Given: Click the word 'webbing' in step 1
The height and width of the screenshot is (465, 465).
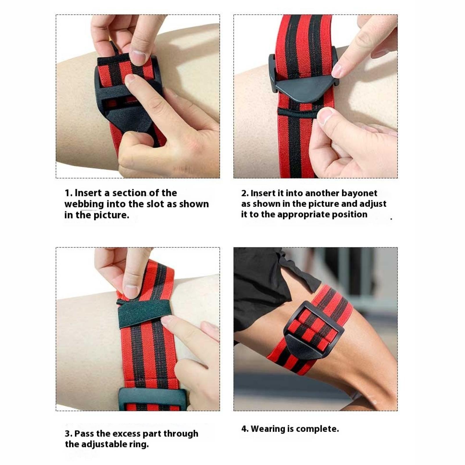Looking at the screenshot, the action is point(84,204).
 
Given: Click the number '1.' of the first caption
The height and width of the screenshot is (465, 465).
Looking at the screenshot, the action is point(69,193).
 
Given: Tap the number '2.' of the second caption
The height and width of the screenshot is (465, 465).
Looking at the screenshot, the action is point(245,194).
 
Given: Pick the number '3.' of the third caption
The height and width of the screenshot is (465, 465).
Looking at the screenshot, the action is point(69,434).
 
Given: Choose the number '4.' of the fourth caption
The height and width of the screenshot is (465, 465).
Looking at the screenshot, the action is point(245,429).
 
